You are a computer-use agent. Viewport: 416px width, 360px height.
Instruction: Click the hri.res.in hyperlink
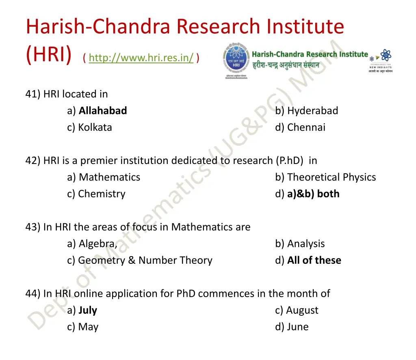pos(141,58)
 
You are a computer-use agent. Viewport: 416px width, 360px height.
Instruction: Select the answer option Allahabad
pos(102,110)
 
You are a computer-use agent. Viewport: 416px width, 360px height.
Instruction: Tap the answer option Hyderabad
pos(312,110)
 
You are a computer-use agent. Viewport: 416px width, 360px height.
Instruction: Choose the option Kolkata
pos(95,127)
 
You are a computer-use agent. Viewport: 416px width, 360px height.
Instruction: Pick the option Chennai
pos(306,127)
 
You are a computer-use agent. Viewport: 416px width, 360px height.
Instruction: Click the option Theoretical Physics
pos(331,177)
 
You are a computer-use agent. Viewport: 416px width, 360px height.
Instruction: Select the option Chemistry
pos(102,194)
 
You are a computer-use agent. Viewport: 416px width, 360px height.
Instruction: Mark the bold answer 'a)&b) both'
pos(313,194)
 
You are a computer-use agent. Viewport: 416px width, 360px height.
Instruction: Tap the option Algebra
pos(97,244)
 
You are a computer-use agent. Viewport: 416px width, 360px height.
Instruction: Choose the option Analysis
pos(305,244)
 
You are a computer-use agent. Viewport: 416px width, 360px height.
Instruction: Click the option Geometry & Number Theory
pos(145,260)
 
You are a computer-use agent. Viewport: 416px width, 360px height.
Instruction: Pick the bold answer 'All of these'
pos(314,260)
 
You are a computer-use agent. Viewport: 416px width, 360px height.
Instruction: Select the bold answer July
pos(88,310)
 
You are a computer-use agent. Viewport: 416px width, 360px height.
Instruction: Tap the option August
pos(302,310)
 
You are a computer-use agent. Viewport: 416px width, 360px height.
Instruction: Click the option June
pos(297,327)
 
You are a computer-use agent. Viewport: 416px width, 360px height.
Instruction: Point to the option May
pos(88,327)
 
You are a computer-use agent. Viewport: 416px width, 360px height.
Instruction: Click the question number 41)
pos(33,94)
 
